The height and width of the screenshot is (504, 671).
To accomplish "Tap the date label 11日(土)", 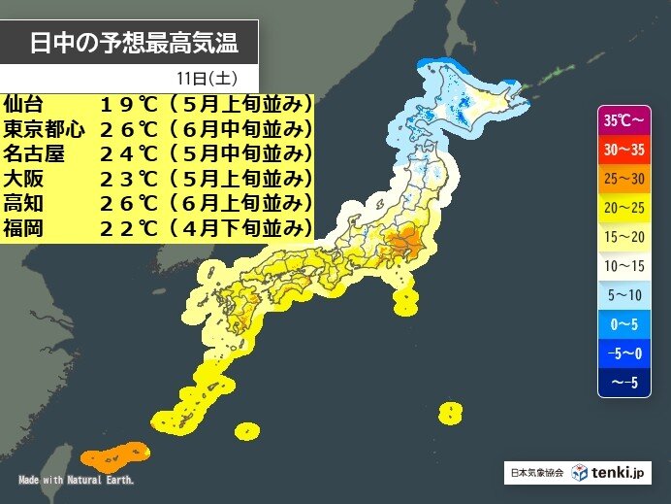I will pos(205,78).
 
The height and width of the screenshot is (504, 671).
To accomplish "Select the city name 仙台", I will pos(23,103).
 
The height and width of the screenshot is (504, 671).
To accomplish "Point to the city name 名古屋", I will pos(35,153).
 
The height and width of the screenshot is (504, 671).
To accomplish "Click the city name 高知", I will pos(23,204).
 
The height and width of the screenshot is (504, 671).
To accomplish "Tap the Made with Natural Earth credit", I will pos(77,480).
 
